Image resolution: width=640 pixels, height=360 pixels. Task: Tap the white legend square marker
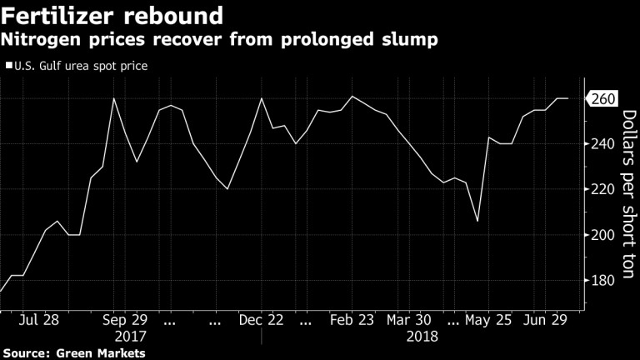point(8,65)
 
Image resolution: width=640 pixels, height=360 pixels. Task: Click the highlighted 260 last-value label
point(603,99)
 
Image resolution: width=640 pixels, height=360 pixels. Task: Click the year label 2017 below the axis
point(129,337)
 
